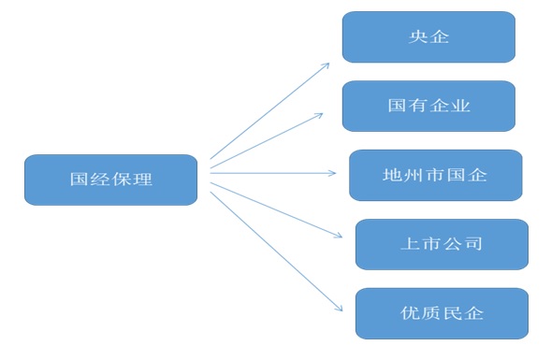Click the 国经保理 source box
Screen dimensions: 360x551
(x=110, y=180)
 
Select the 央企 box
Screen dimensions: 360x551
(x=428, y=37)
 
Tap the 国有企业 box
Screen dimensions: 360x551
(x=428, y=106)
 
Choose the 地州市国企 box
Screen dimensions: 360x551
(x=435, y=175)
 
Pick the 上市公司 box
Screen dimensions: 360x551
(x=442, y=244)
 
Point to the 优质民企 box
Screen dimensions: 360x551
(x=442, y=313)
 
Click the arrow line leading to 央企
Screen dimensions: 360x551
(x=269, y=110)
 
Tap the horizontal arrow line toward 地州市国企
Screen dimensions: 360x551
(x=271, y=172)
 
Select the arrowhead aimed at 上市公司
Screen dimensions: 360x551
(x=339, y=236)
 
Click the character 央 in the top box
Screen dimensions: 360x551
(x=417, y=38)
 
